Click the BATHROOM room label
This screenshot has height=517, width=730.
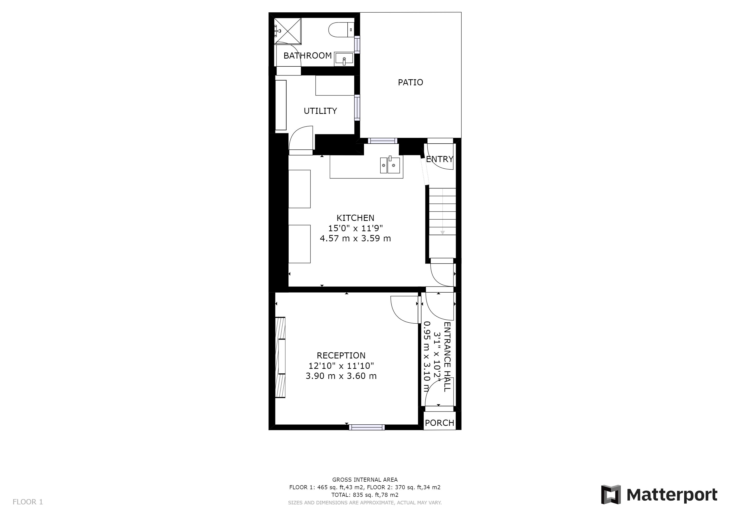click(308, 56)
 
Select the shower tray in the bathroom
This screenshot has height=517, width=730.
click(287, 31)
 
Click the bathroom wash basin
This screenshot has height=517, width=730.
click(344, 59)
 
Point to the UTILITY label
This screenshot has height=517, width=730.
click(320, 111)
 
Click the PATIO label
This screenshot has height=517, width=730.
click(410, 83)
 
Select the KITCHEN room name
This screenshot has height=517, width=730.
click(355, 218)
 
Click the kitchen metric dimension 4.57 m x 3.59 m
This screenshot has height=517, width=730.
click(355, 239)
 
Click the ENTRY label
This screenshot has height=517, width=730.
click(440, 159)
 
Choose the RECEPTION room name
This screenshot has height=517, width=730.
click(341, 356)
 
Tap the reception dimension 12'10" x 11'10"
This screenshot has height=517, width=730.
click(341, 366)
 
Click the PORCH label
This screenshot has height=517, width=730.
click(440, 423)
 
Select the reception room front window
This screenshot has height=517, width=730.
click(367, 427)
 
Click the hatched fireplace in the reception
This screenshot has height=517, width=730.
click(280, 357)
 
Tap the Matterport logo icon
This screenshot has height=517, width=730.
click(611, 495)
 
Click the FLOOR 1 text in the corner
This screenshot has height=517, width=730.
click(28, 502)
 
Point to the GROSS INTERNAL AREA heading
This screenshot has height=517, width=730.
click(365, 480)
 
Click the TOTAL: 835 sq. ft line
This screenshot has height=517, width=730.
click(365, 495)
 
